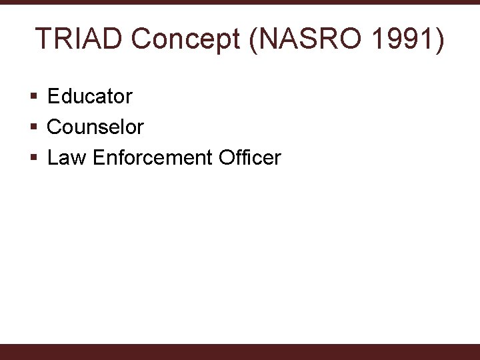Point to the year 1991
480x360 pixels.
(399, 39)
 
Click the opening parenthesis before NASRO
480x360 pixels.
(253, 40)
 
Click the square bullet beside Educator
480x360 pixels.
(33, 97)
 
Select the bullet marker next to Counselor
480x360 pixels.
(33, 127)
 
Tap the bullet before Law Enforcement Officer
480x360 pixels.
(33, 159)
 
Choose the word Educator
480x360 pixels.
(90, 97)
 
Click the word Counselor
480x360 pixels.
(95, 127)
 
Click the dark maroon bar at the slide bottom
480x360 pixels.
(240, 352)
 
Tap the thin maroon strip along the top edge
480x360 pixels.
(240, 2)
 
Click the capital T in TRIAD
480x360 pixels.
(42, 39)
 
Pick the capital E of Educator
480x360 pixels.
(53, 97)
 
